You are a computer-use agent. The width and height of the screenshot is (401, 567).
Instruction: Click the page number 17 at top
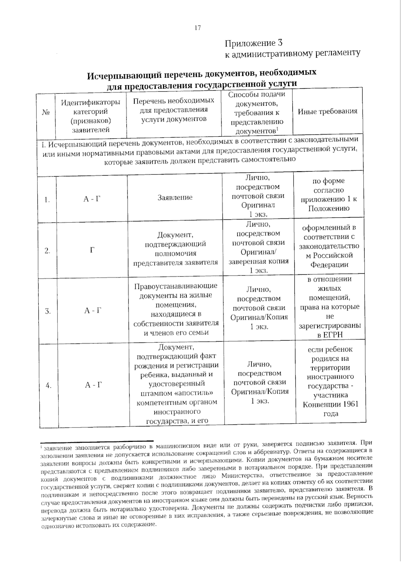pos(197,28)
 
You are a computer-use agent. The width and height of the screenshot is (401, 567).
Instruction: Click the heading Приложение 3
pos(254,43)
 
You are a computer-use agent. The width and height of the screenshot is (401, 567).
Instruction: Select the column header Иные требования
pos(327,111)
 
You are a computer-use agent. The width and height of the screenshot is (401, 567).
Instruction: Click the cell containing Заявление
pos(175,197)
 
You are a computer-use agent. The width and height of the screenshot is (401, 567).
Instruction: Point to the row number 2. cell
pos(47,251)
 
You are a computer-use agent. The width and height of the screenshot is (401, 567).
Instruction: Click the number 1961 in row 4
pos(349,404)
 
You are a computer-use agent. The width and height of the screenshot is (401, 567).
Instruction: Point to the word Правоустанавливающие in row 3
pos(175,286)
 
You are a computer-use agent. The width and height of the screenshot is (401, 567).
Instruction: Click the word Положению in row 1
pos(329,208)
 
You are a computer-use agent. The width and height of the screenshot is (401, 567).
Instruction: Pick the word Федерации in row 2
pos(329,265)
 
